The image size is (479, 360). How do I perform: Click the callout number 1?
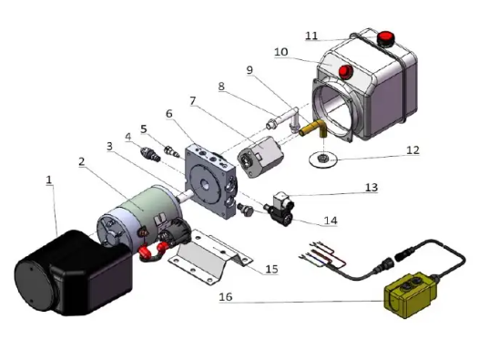pos(49,180)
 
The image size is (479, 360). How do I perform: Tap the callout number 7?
pos(192,101)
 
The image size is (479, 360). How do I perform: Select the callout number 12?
pos(413,150)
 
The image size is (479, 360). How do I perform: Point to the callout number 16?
pos(226,297)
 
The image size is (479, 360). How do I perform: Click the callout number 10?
pos(281,52)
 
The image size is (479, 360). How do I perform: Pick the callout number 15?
pos(271,269)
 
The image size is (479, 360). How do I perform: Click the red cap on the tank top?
pos(385,38)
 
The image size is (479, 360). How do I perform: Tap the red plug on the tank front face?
pos(345,72)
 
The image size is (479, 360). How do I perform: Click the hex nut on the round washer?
pos(321,159)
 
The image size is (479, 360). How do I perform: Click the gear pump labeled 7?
pos(260,156)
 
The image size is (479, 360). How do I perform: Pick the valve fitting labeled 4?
pos(150,153)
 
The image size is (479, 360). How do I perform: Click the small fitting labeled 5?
pos(171,150)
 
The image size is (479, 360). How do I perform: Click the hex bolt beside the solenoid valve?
pos(245,210)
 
